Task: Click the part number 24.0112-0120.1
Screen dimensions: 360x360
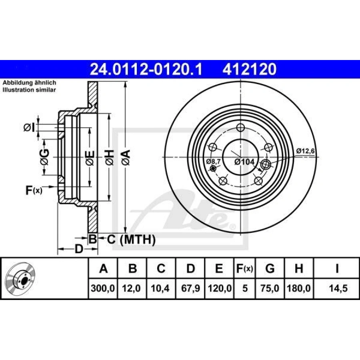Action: pyautogui.click(x=146, y=69)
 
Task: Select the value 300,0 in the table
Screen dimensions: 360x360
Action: pyautogui.click(x=103, y=288)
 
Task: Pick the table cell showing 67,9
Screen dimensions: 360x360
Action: pyautogui.click(x=190, y=288)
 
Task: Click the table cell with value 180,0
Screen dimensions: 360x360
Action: pyautogui.click(x=298, y=288)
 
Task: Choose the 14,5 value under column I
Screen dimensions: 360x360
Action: pyautogui.click(x=337, y=288)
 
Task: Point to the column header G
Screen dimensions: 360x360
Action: pyautogui.click(x=270, y=268)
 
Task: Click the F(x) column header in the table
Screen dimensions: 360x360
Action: pyautogui.click(x=244, y=268)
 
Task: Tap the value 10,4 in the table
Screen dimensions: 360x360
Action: pyautogui.click(x=161, y=288)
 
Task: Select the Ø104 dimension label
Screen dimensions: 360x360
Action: pyautogui.click(x=244, y=162)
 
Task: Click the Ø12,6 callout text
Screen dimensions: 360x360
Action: pyautogui.click(x=306, y=151)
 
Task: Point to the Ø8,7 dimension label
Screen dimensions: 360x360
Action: pyautogui.click(x=213, y=161)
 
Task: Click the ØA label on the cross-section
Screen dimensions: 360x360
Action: pyautogui.click(x=125, y=157)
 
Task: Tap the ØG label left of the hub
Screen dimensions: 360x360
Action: pyautogui.click(x=44, y=157)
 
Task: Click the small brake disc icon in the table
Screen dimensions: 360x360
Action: pyautogui.click(x=21, y=278)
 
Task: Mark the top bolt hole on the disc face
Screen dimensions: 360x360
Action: pyautogui.click(x=240, y=128)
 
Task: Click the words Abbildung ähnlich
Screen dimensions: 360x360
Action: pyautogui.click(x=30, y=82)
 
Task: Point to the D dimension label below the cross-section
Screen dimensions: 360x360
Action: pyautogui.click(x=79, y=249)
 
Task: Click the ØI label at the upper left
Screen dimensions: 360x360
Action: pyautogui.click(x=29, y=128)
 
